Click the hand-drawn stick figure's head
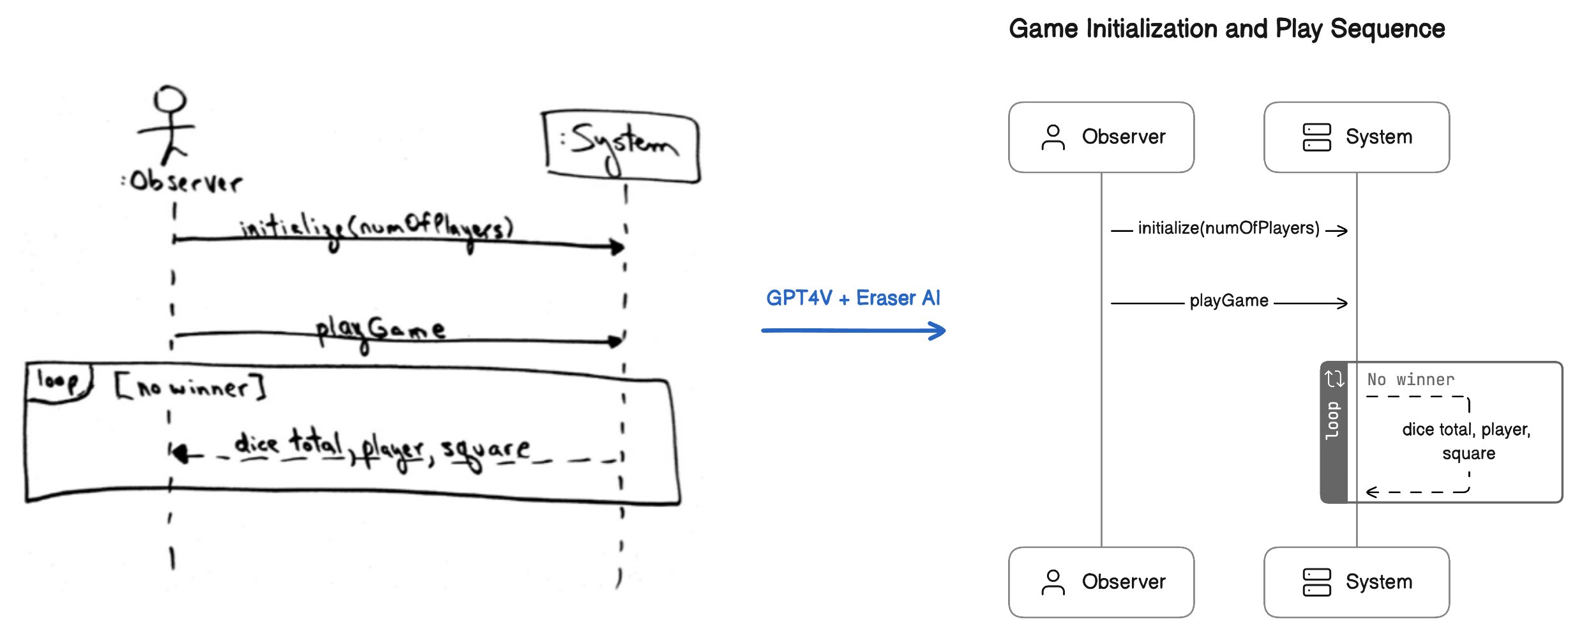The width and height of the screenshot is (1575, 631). (x=169, y=100)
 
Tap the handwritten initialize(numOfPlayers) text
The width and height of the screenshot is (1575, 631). (x=377, y=229)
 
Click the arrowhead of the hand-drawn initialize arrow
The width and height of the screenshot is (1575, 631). (x=617, y=247)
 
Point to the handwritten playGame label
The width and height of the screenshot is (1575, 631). (x=381, y=330)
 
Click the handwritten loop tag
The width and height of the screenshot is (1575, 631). (x=58, y=381)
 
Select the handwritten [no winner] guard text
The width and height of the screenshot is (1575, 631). (x=190, y=387)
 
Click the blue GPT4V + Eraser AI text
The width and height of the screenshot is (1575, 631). (x=853, y=298)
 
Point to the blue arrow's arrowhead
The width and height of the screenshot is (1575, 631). (x=937, y=331)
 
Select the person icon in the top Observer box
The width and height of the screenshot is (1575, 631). (x=1053, y=137)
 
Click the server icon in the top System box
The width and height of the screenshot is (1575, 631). (x=1316, y=137)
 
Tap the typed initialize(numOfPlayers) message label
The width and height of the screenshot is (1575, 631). (x=1228, y=229)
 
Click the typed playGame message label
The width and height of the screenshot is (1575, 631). (x=1228, y=301)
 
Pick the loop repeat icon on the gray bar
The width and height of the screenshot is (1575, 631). (x=1334, y=379)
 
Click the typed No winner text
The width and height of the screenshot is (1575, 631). (x=1410, y=380)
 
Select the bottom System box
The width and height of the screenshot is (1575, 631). (x=1356, y=582)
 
